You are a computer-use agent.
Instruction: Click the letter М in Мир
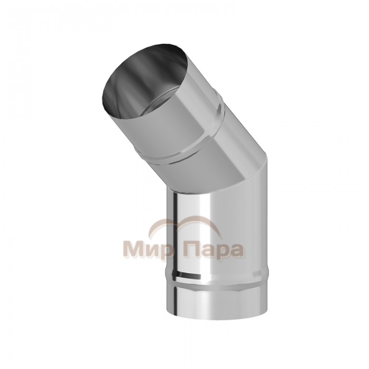[x=133, y=248]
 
